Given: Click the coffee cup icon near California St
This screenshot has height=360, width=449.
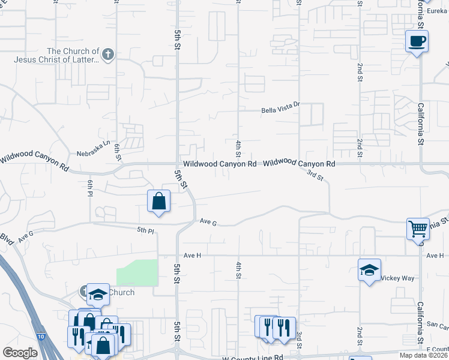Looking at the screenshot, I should tap(417, 41).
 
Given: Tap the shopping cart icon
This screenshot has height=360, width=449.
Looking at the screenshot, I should tap(418, 228).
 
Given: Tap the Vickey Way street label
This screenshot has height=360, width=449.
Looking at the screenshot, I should tap(399, 278).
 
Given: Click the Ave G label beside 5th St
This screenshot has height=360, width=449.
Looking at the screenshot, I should tap(208, 222).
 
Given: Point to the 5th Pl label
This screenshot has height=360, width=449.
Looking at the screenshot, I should tap(146, 229).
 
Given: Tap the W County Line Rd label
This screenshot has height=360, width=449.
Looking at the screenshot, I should tap(252, 358).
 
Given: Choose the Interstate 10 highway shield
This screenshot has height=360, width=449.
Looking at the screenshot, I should tap(39, 338).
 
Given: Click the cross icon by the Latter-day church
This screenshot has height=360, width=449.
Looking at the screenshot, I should tap(108, 55).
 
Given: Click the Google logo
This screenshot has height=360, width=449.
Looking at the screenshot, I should tap(20, 353).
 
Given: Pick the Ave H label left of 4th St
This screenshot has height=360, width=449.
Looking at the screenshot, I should tap(191, 255).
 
